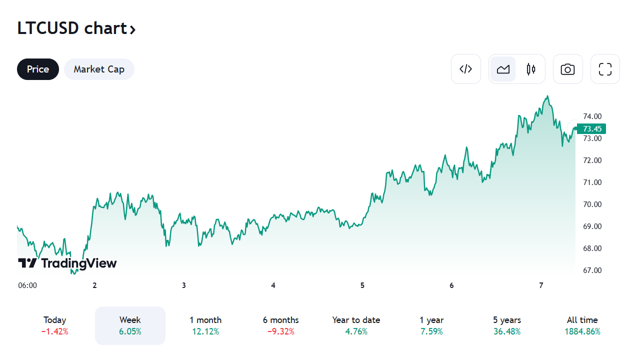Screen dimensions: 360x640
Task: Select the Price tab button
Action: (38, 69)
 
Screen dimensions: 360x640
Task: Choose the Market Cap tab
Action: (99, 69)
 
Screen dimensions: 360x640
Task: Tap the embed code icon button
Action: (465, 69)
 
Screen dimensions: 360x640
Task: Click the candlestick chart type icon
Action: (531, 69)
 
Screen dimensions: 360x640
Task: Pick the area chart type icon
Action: (503, 69)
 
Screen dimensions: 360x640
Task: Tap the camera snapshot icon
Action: (567, 69)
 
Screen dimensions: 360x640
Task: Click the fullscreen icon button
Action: (605, 69)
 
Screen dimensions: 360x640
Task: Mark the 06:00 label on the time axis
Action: (27, 285)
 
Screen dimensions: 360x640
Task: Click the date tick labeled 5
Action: (362, 285)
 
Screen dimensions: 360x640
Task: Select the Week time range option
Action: (130, 325)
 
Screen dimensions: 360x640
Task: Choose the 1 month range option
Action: (205, 325)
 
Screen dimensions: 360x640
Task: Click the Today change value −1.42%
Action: (55, 331)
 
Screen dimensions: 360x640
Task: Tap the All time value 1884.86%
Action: (582, 331)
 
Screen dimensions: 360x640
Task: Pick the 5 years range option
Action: (507, 325)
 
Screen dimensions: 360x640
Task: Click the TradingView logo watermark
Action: (67, 263)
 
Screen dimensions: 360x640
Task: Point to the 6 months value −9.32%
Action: (280, 331)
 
